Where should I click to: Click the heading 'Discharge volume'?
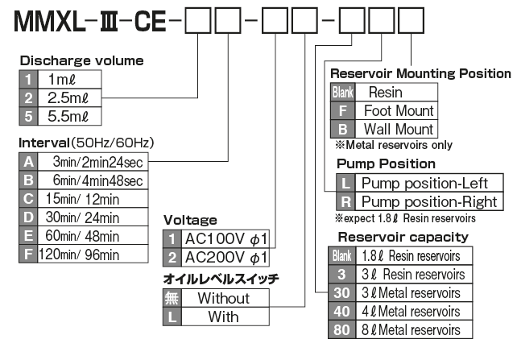[x=81, y=60]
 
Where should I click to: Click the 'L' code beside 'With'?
[x=173, y=317]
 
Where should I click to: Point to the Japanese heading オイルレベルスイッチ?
[x=221, y=279]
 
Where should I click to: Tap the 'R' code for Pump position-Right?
[x=345, y=201]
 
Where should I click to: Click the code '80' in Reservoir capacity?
[x=341, y=329]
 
